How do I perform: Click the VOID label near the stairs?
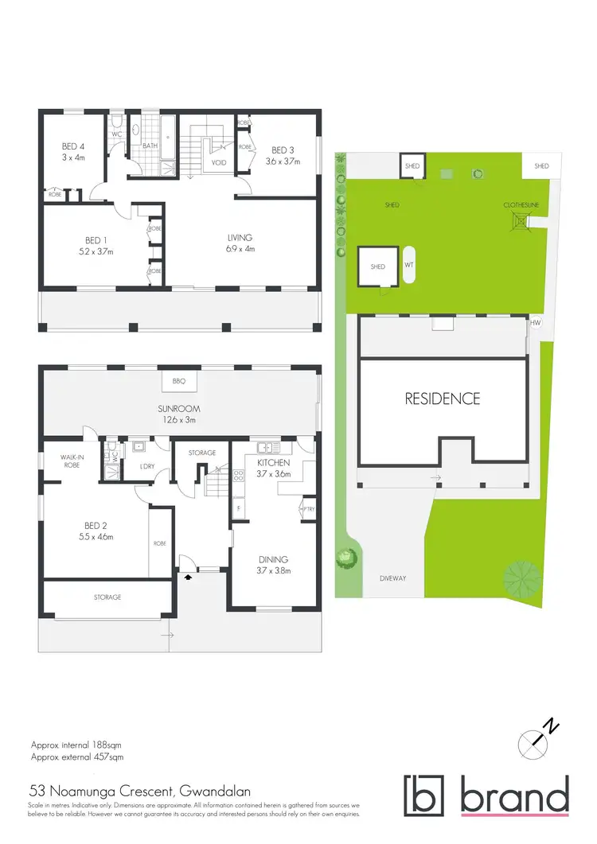(x=219, y=162)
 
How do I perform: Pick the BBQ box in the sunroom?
(x=178, y=382)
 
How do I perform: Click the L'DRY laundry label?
(x=146, y=465)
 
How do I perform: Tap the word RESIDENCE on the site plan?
(x=443, y=399)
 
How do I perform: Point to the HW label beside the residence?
(x=536, y=323)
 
